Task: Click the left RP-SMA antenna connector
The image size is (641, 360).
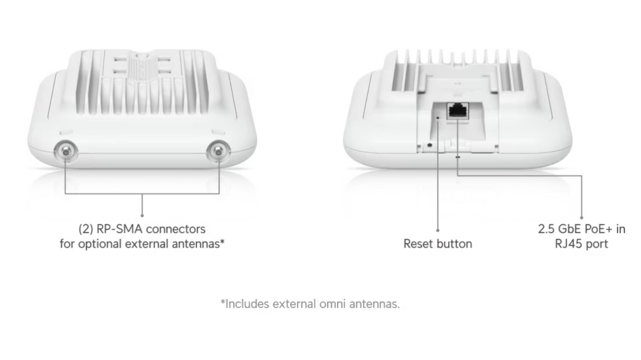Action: (65, 152)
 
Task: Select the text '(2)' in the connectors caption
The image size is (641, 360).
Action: (86, 229)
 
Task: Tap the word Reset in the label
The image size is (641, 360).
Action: (418, 244)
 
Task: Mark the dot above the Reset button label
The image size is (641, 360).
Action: (438, 230)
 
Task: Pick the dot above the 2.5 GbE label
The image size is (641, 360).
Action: (581, 216)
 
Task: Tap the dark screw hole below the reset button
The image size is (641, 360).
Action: (429, 144)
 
